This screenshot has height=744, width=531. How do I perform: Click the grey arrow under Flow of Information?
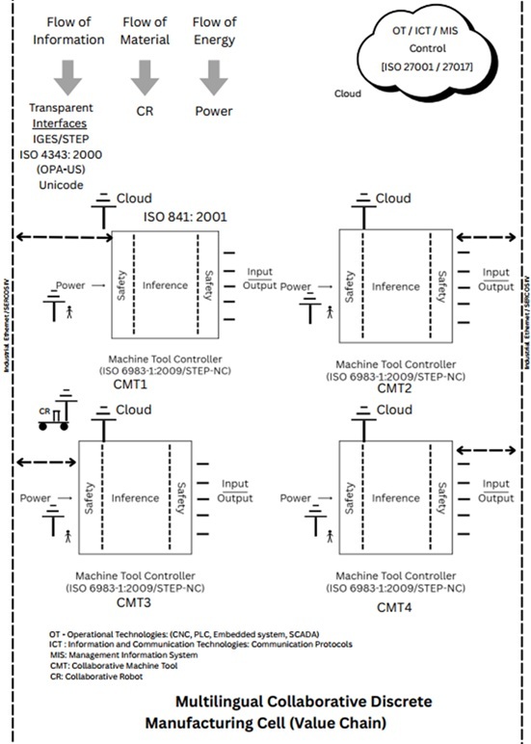(x=67, y=76)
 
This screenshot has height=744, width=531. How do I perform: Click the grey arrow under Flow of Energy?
(x=213, y=76)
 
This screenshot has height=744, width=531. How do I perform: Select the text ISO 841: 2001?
(x=185, y=217)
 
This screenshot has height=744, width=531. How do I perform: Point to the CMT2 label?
(x=395, y=388)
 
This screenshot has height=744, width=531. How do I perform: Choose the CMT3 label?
(x=135, y=603)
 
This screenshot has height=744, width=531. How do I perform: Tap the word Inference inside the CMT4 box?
(x=396, y=498)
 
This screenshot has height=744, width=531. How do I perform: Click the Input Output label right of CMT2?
(x=496, y=279)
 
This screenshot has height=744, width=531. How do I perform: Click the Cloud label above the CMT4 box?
(x=393, y=410)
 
